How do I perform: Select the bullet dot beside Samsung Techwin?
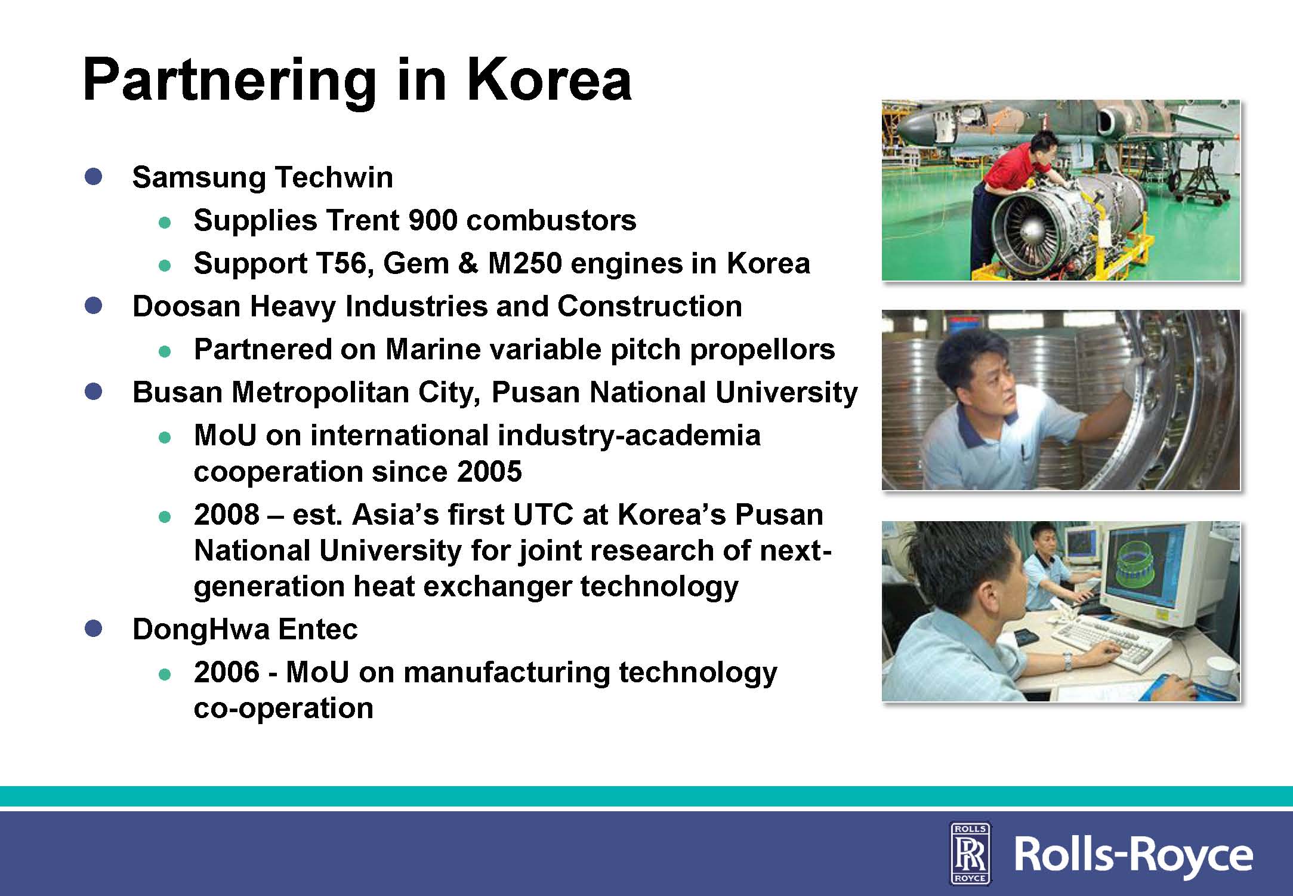94,177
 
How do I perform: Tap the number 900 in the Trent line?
433,220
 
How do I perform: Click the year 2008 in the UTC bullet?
227,515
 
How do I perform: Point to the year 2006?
227,672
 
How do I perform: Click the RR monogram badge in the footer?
970,853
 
